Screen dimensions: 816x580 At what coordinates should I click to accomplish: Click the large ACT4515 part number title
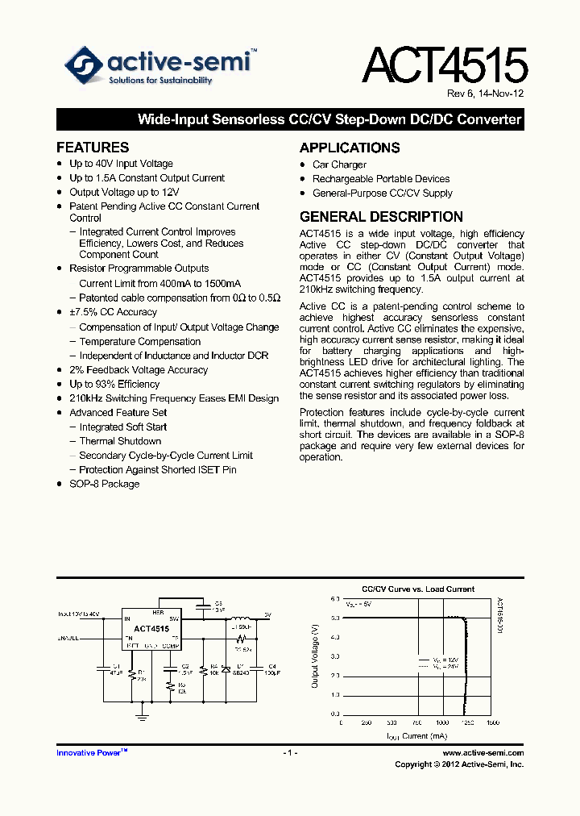coord(445,65)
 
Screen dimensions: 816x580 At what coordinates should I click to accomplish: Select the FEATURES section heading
coord(93,148)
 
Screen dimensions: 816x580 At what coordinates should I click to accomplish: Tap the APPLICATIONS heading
coord(350,148)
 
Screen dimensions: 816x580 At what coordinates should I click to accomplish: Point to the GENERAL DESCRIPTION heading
coord(381,217)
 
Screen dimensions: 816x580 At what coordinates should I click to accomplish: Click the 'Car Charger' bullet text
coord(339,164)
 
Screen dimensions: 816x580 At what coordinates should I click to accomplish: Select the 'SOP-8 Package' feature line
coord(104,484)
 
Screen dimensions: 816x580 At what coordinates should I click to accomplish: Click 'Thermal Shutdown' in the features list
coord(120,441)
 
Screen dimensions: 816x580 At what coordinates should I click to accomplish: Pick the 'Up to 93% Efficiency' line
coord(114,384)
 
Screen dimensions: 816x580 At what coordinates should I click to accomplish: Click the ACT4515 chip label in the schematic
coord(151,629)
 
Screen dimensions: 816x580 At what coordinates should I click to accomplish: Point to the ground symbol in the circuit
coord(142,714)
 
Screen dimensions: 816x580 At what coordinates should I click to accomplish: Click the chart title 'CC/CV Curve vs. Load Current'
coord(418,589)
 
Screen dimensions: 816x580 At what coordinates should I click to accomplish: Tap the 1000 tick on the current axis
coord(442,723)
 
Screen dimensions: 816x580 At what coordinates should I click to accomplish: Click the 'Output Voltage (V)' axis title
coord(316,657)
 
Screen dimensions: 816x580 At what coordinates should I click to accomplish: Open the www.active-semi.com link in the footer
coord(483,752)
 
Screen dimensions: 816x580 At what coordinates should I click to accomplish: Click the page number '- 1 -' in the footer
coord(290,752)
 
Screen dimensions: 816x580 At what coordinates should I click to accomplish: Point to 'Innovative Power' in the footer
coord(91,752)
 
